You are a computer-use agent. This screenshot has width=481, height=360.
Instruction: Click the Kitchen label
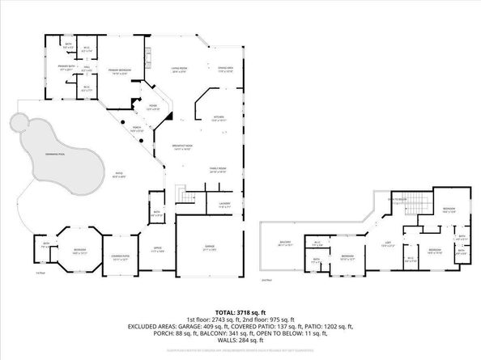pyautogui.click(x=218, y=118)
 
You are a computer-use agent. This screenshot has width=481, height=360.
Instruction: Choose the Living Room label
pyautogui.click(x=179, y=70)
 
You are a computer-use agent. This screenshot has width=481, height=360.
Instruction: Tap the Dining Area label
pyautogui.click(x=226, y=69)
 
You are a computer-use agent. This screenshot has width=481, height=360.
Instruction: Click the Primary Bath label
pyautogui.click(x=67, y=70)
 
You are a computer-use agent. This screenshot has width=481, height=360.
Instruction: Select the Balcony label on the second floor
pyautogui.click(x=285, y=242)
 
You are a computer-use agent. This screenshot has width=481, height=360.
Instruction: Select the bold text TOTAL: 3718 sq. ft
pyautogui.click(x=240, y=311)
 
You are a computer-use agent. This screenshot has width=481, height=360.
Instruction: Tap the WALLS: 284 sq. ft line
pyautogui.click(x=240, y=340)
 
